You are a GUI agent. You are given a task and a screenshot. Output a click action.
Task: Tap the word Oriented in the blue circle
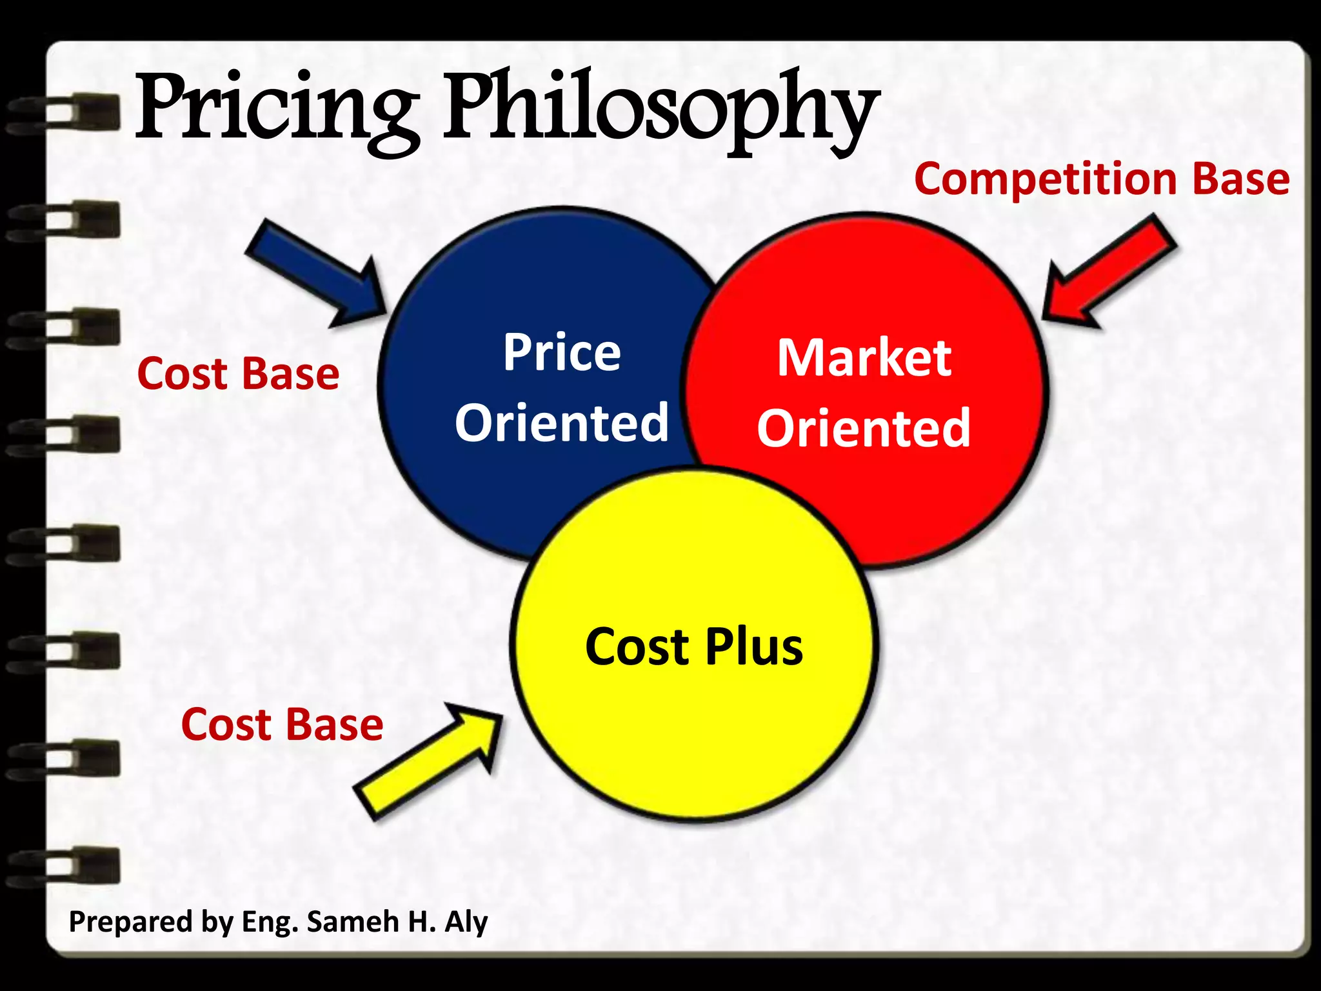point(562,423)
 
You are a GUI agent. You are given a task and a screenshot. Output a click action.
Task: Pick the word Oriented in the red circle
point(864,428)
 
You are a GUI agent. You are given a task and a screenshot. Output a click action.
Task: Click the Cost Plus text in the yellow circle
point(694,646)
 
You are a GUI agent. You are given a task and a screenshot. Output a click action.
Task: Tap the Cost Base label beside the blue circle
point(238,374)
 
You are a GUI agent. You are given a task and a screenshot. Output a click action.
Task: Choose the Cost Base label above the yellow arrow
point(282,725)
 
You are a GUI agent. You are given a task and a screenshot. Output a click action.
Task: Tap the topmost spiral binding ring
point(65,114)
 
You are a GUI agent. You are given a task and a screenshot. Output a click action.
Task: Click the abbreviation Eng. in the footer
point(270,921)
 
